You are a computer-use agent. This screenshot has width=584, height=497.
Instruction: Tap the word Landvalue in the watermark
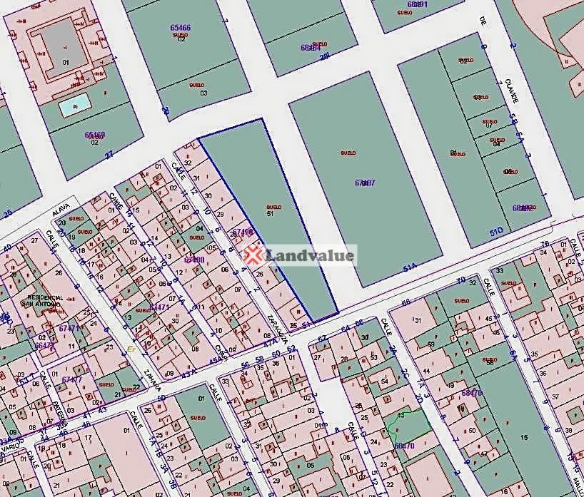click(310, 255)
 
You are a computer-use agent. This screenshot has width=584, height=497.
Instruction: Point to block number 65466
click(180, 27)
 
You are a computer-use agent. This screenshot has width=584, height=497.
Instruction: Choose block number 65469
click(94, 135)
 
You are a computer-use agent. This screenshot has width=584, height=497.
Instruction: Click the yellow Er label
click(131, 349)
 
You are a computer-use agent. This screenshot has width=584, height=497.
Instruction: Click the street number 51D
click(496, 230)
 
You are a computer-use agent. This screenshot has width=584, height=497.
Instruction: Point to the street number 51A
click(409, 268)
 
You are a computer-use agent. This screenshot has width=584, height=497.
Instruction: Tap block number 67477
click(71, 380)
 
